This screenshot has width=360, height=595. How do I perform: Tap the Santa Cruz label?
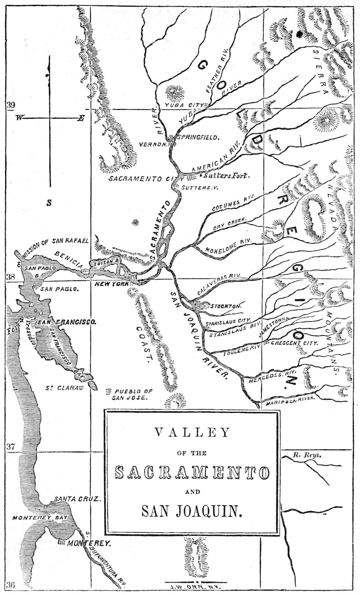78,499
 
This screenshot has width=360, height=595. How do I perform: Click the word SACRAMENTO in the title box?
192,473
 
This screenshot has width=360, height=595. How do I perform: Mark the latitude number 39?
11,105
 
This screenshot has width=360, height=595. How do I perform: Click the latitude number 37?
11,447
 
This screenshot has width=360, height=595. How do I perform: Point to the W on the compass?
19,118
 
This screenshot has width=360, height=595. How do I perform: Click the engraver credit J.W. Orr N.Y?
193,587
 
